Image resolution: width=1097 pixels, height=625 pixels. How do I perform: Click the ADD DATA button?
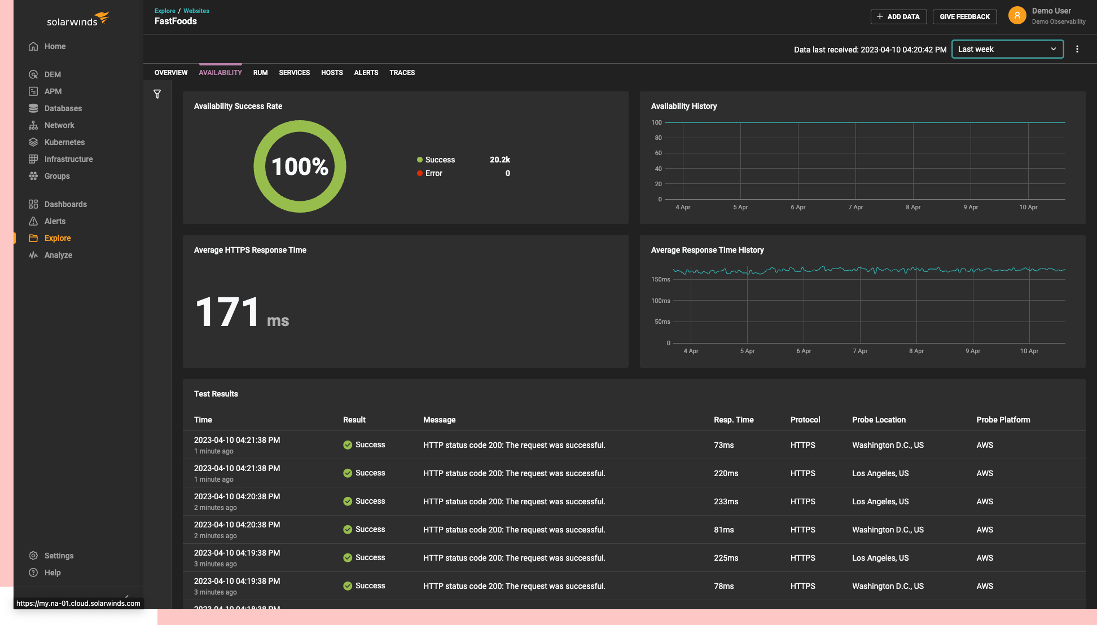point(898,17)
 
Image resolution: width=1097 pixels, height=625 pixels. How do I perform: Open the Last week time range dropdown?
point(1007,49)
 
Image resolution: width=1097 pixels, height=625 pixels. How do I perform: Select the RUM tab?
point(260,73)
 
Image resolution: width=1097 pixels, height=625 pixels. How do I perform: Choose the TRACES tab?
point(402,73)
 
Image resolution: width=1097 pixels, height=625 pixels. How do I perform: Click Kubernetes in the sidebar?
point(64,142)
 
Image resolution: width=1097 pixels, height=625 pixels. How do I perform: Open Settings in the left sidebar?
point(59,556)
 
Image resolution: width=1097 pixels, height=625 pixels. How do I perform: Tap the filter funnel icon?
point(157,94)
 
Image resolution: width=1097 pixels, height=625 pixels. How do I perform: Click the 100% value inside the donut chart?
point(300,166)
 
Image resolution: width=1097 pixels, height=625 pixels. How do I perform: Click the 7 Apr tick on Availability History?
point(855,207)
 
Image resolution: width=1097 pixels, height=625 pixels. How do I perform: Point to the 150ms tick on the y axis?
point(660,279)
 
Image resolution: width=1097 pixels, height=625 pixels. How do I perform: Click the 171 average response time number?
point(227,312)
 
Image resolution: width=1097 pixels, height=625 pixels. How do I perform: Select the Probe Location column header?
point(879,420)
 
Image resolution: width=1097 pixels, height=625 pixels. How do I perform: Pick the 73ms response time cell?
point(723,445)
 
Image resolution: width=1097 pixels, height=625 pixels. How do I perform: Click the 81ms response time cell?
point(723,530)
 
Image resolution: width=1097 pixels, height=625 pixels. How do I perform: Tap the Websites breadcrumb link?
point(196,11)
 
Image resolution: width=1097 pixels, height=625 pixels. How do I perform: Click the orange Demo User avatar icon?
point(1017,16)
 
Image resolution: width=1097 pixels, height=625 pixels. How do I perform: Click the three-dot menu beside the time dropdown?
point(1077,49)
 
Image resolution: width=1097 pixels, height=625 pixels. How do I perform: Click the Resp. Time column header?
point(734,420)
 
